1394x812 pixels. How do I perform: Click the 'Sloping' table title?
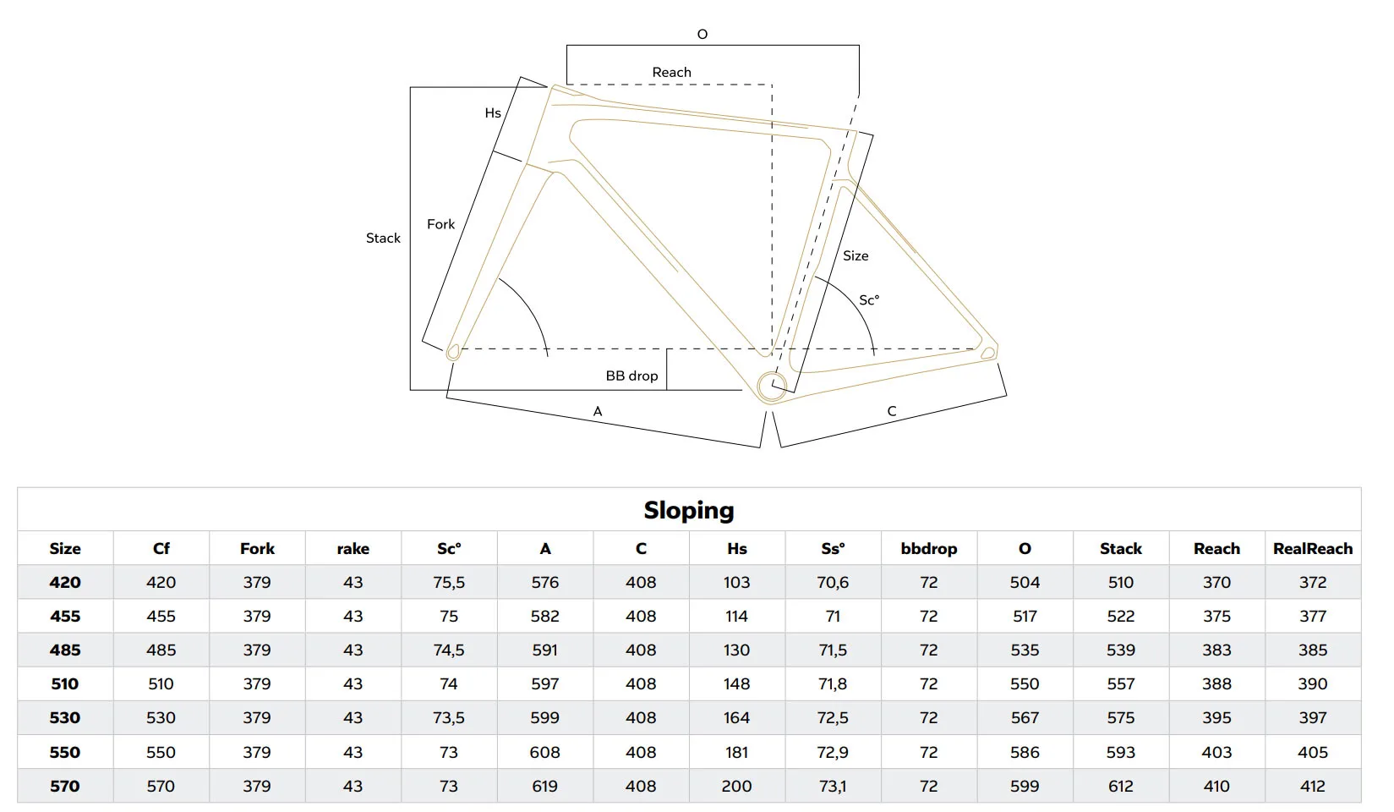[x=689, y=510]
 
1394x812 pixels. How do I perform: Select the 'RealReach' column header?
[x=1313, y=549]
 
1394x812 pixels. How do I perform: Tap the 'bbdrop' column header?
[x=928, y=549]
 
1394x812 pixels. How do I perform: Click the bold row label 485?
[x=65, y=650]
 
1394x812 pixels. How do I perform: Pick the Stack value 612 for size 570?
[x=1120, y=786]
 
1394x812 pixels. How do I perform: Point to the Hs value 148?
[x=736, y=683]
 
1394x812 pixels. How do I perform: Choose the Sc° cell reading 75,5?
[x=449, y=582]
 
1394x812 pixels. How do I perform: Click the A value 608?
[x=544, y=752]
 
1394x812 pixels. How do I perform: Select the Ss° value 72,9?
[x=833, y=752]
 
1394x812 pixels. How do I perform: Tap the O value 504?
[x=1025, y=582]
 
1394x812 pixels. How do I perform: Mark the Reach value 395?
[x=1216, y=717]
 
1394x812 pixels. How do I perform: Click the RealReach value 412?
[x=1313, y=786]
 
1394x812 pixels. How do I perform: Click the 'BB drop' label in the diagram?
[x=631, y=376]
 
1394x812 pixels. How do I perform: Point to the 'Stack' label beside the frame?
[x=383, y=238]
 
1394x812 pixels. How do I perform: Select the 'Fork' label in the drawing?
[x=440, y=224]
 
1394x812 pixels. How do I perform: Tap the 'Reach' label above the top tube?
[x=671, y=72]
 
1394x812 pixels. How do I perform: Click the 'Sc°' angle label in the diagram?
[x=869, y=300]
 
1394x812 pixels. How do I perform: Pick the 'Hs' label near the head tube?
[x=493, y=112]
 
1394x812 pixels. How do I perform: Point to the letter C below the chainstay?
[x=892, y=411]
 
